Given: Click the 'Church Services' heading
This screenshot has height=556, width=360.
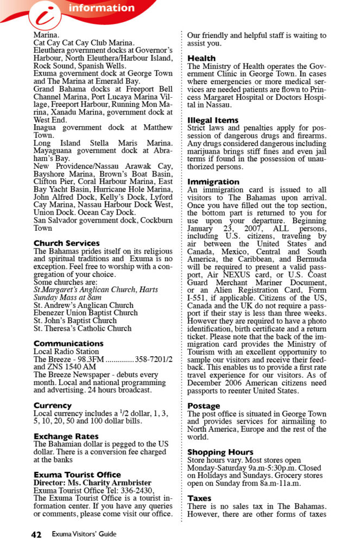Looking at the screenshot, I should [x=67, y=243].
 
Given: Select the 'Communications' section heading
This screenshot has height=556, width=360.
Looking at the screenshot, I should [x=68, y=344].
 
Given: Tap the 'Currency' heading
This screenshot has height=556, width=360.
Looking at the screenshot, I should [x=52, y=406].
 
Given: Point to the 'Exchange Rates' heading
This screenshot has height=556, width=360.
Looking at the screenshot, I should [x=66, y=436].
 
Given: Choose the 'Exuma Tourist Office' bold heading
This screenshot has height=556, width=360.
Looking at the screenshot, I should [x=77, y=475].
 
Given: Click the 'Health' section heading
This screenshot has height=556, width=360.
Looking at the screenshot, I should [x=201, y=58].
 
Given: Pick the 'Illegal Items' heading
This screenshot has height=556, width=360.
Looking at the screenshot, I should [x=213, y=120].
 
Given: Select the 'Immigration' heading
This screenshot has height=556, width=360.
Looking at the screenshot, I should [x=213, y=182].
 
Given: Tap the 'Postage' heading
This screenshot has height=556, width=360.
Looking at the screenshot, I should [x=204, y=406].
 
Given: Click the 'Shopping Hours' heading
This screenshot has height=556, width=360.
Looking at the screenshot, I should [x=220, y=452].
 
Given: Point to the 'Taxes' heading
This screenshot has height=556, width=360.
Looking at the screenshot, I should [x=199, y=498].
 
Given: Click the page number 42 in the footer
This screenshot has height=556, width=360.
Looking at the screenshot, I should [x=36, y=534].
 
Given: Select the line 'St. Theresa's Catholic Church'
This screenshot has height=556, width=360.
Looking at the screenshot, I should [x=83, y=328].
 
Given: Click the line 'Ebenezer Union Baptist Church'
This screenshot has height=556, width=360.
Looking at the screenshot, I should [x=86, y=313].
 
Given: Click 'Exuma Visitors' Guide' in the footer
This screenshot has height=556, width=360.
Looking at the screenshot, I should [x=84, y=534].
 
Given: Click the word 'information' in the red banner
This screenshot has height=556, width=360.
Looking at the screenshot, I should [x=102, y=8].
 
